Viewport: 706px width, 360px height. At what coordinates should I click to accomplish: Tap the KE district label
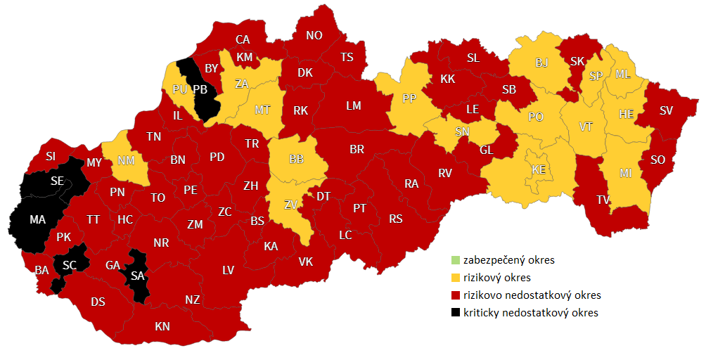click(539, 169)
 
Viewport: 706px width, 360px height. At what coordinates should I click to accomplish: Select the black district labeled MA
click(37, 220)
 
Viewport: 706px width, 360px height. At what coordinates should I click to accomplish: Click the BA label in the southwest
click(41, 269)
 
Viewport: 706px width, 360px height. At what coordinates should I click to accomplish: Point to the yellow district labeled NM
click(126, 161)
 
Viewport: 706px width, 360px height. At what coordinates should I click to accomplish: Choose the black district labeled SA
click(137, 276)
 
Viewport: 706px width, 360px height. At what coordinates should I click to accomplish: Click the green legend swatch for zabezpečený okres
click(456, 260)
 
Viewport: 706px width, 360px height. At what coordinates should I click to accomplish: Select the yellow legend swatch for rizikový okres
click(456, 278)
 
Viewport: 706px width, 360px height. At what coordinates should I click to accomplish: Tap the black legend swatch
click(456, 313)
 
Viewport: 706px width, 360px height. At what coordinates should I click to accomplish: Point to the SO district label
click(657, 160)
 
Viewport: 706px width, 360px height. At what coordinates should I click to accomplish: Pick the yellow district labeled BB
click(297, 160)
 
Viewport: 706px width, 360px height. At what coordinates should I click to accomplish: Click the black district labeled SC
click(69, 265)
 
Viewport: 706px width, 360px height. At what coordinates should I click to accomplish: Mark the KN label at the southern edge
click(162, 326)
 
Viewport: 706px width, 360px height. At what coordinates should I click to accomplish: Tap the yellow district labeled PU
click(179, 89)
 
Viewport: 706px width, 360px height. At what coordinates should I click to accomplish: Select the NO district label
click(314, 35)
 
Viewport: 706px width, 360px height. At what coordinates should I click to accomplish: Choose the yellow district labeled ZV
click(290, 205)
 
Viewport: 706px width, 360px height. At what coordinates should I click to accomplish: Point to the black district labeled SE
click(57, 181)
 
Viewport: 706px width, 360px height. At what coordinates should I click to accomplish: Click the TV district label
click(603, 200)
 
